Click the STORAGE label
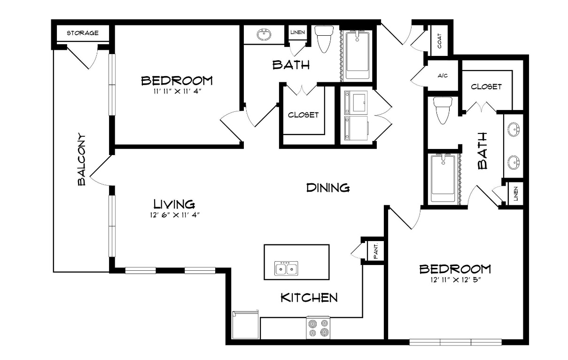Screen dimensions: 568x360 pos(82,33)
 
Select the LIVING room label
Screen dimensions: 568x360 pos(174,204)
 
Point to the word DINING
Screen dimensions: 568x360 pos(328,188)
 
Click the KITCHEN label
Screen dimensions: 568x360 pos(309,297)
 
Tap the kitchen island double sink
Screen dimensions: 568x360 pos(286,268)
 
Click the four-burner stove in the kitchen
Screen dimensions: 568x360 pos(318,328)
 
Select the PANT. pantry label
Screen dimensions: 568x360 pos(376,251)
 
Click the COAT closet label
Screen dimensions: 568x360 pos(439,41)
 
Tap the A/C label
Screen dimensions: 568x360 pos(443,76)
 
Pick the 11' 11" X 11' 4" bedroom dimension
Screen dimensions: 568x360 pos(177,91)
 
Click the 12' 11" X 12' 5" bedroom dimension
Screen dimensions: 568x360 pos(456,280)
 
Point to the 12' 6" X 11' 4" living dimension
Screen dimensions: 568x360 pos(175,215)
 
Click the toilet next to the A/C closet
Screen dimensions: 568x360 pos(443,110)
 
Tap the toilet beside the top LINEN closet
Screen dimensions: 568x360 pos(324,39)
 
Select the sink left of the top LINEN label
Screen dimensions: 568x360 pos(264,34)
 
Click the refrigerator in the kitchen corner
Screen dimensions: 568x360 pos(245,325)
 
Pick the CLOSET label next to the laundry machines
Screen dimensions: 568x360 pos(303,115)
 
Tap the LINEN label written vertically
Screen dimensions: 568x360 pos(515,194)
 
